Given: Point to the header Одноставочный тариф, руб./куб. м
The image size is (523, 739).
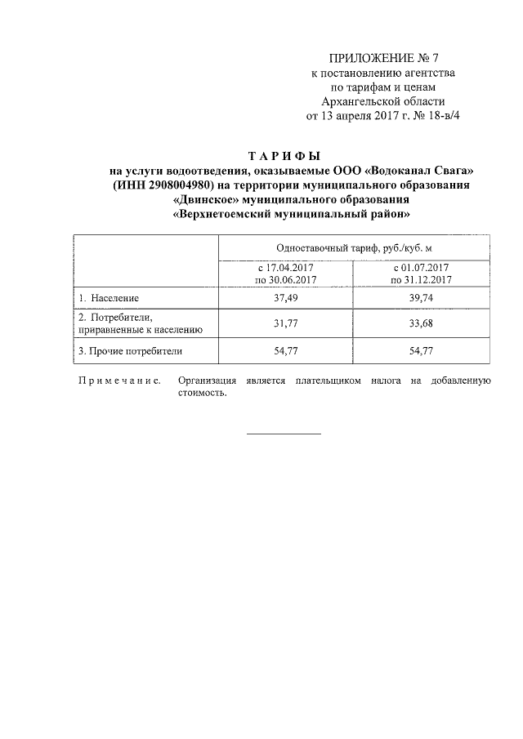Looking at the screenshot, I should click(355, 247).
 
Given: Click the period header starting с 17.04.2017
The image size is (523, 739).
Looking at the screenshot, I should click(285, 274).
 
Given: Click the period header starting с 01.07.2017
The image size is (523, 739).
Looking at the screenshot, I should click(422, 274).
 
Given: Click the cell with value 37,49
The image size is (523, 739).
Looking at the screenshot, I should click(285, 298).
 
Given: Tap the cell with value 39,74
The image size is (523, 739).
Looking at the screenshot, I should click(422, 298).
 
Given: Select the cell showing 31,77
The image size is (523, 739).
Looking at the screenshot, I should click(285, 324).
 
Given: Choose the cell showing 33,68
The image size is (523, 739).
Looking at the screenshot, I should click(422, 324).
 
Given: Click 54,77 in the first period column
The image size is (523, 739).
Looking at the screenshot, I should click(285, 352).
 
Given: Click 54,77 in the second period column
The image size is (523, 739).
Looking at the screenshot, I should click(422, 352).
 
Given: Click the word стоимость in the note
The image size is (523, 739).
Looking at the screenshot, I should click(201, 392).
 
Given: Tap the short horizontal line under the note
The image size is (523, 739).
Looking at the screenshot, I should click(284, 433).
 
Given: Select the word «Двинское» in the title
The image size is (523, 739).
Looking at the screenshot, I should click(204, 200).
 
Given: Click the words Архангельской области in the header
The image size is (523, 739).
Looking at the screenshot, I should click(383, 102).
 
